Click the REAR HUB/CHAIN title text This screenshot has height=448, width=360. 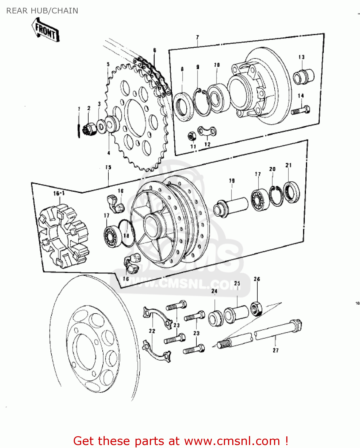(42, 11)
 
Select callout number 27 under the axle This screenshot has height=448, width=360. (276, 350)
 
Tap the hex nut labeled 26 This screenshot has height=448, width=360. (256, 309)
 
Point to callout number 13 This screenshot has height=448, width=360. (301, 57)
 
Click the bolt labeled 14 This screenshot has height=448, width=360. (301, 111)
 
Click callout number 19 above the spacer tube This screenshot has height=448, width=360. (232, 181)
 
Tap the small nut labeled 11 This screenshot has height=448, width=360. (192, 136)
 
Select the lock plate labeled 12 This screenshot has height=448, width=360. (207, 131)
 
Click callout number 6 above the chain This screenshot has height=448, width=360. (155, 50)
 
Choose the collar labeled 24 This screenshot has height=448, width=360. (215, 319)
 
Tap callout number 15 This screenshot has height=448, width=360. (108, 168)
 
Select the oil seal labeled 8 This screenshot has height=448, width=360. (183, 107)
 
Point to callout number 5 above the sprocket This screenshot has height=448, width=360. (108, 64)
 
